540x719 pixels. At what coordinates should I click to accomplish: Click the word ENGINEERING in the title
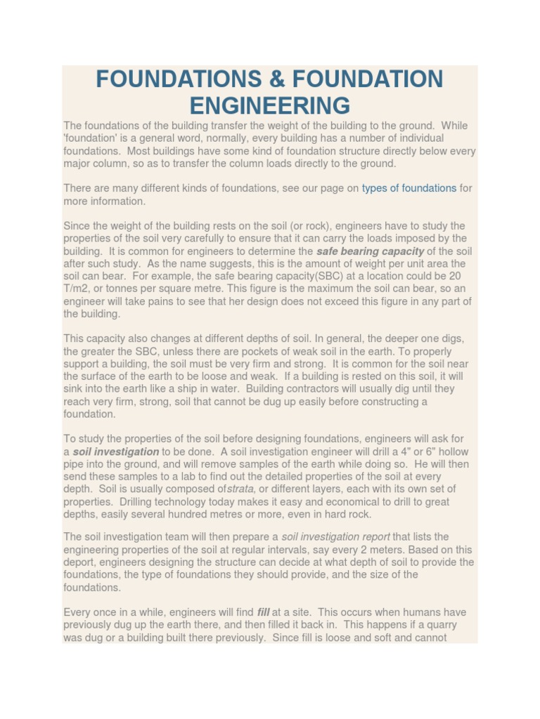tap(270, 105)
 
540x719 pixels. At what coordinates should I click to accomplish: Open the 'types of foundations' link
tap(409, 188)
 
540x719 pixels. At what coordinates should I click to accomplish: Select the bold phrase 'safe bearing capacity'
tap(370, 251)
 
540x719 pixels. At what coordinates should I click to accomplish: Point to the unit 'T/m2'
tap(75, 289)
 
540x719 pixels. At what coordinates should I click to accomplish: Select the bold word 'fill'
tap(264, 612)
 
